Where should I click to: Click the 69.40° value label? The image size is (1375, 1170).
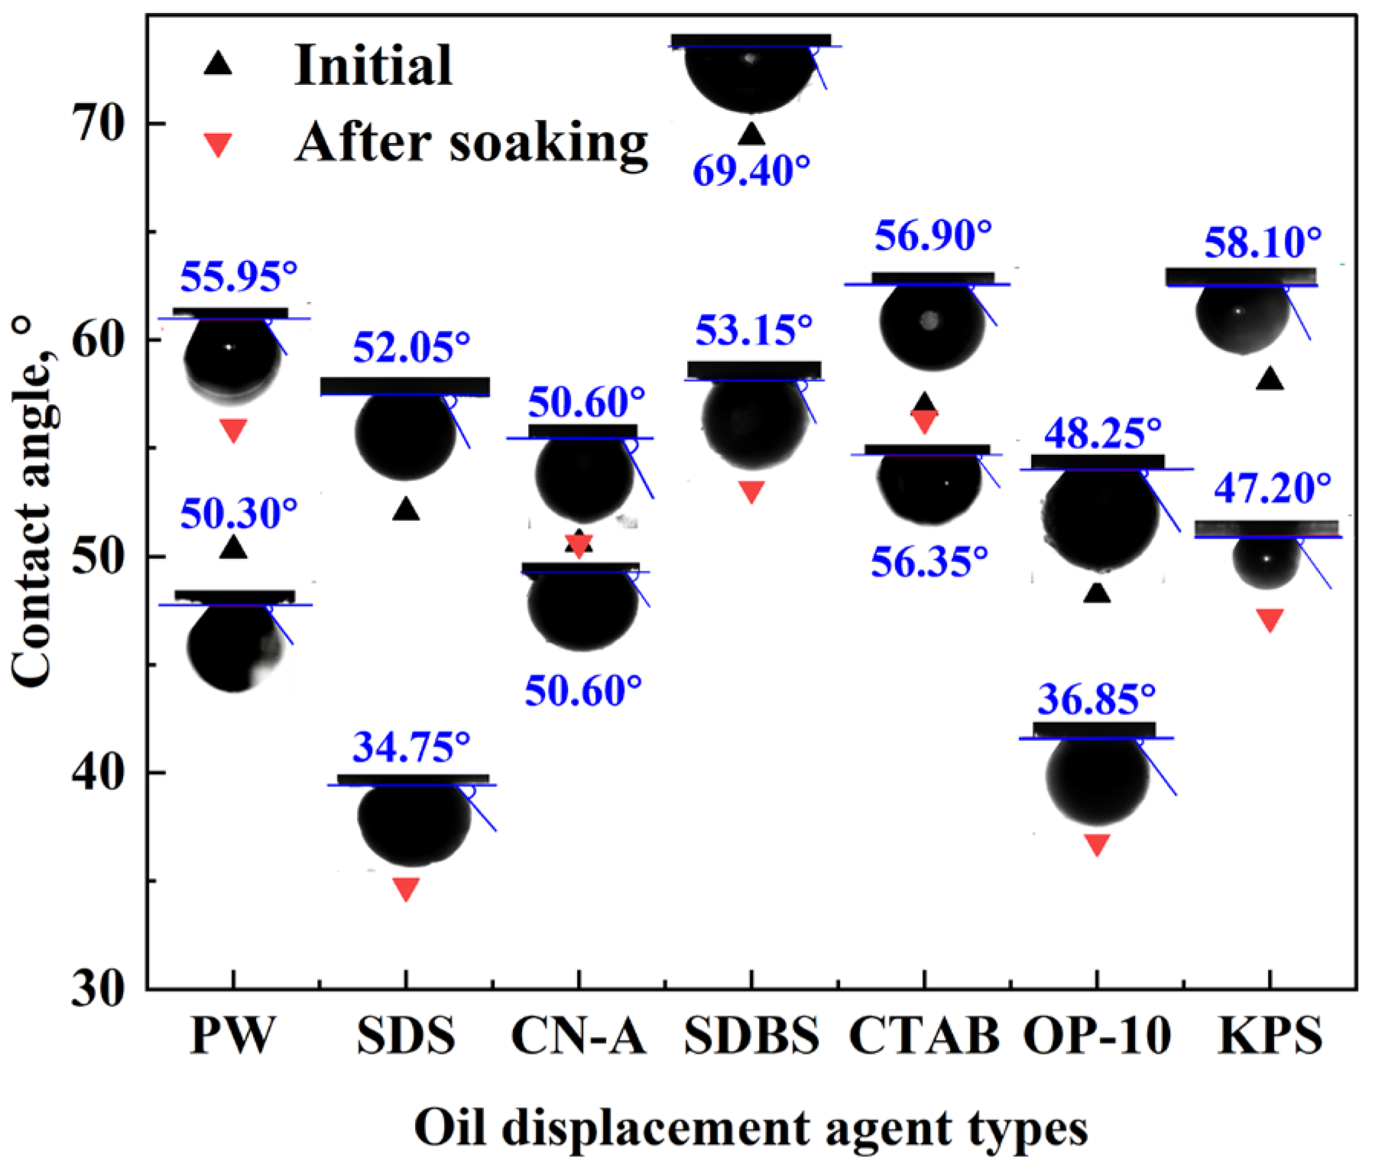pyautogui.click(x=751, y=170)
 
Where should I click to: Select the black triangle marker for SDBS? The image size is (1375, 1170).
pyautogui.click(x=752, y=135)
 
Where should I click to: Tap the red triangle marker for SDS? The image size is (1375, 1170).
pyautogui.click(x=406, y=888)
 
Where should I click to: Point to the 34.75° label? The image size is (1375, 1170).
pyautogui.click(x=411, y=747)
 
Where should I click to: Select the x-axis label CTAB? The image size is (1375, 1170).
pyautogui.click(x=924, y=1036)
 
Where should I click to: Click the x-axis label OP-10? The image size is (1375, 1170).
pyautogui.click(x=1097, y=1036)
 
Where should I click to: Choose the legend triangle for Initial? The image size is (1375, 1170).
pyautogui.click(x=218, y=64)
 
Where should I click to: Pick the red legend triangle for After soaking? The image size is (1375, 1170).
pyautogui.click(x=219, y=145)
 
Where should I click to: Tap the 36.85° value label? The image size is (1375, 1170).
pyautogui.click(x=1096, y=699)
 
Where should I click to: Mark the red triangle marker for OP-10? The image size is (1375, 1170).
pyautogui.click(x=1097, y=843)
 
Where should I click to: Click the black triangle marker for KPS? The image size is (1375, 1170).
pyautogui.click(x=1270, y=379)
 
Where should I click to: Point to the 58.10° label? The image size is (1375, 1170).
pyautogui.click(x=1263, y=243)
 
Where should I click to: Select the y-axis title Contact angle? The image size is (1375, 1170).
pyautogui.click(x=32, y=505)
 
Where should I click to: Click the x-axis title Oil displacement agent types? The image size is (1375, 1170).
pyautogui.click(x=751, y=1128)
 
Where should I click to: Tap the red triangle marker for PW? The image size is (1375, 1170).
pyautogui.click(x=233, y=430)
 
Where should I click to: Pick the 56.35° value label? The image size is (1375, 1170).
pyautogui.click(x=929, y=562)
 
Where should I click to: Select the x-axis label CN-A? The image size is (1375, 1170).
pyautogui.click(x=579, y=1036)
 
